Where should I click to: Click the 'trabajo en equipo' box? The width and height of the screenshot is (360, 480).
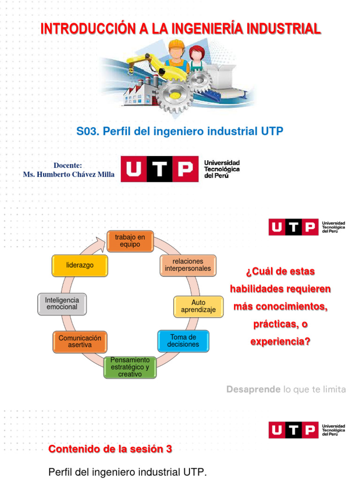click(x=130, y=241)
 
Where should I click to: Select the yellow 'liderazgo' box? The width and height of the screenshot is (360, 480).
click(x=80, y=265)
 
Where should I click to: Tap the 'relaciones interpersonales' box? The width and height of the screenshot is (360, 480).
click(x=188, y=265)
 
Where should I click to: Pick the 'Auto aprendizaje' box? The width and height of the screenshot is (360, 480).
click(x=198, y=306)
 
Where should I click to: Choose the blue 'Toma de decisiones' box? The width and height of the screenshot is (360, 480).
click(x=183, y=341)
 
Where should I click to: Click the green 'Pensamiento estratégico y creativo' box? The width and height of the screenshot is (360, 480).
click(x=130, y=367)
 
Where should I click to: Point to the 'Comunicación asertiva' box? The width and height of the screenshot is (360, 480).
click(x=80, y=341)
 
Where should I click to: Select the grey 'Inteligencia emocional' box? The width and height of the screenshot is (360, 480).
click(x=62, y=303)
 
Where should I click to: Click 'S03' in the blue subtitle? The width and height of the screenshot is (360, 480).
click(x=88, y=131)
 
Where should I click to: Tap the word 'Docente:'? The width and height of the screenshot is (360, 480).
click(x=68, y=165)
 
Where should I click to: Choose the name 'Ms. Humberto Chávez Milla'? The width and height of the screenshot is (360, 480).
click(x=68, y=174)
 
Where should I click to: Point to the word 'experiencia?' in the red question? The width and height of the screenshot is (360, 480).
click(x=280, y=342)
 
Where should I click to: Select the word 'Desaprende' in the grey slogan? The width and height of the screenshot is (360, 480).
click(x=254, y=389)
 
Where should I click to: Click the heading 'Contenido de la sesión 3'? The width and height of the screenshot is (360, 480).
click(x=110, y=449)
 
